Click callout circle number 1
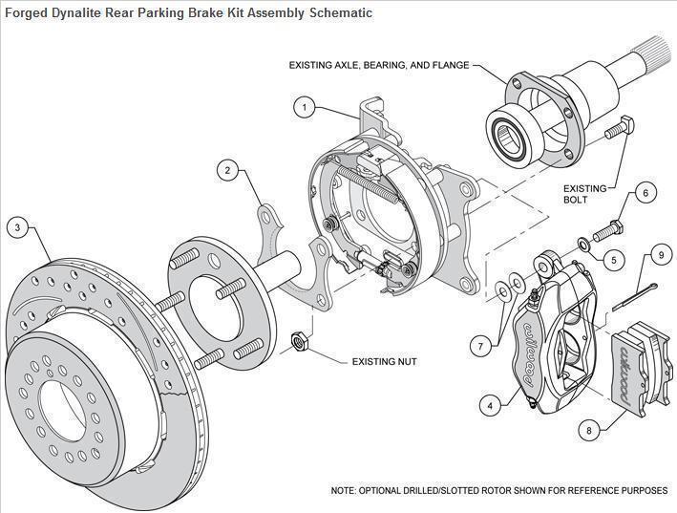[x=304, y=107]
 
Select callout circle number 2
[x=227, y=171]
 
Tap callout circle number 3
[x=17, y=227]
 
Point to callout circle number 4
[x=490, y=405]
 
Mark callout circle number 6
[x=645, y=194]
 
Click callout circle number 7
[x=481, y=344]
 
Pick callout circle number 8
[x=588, y=430]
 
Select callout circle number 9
[x=659, y=255]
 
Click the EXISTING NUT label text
[x=383, y=362]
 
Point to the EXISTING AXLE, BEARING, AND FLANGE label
[x=379, y=65]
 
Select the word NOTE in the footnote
[x=346, y=490]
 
